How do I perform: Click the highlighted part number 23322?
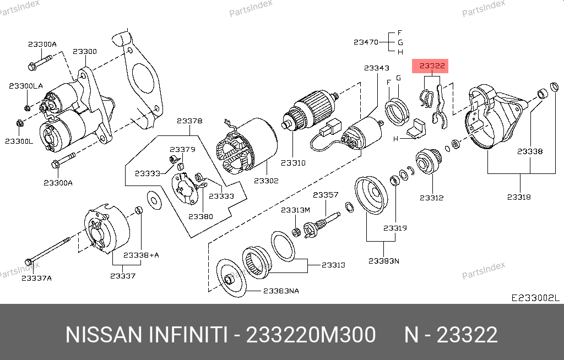coord(432,66)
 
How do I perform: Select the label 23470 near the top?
coord(366,42)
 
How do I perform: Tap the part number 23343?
coord(377,68)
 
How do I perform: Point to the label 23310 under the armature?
coord(293,163)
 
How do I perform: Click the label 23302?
coord(266,181)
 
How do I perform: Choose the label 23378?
coord(189,121)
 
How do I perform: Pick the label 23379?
coord(183,149)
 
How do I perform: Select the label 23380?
coord(200,216)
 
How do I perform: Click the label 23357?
coord(326,195)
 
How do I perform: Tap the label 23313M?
coord(295,210)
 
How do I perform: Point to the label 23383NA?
coord(281,291)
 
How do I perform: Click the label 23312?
coord(432,198)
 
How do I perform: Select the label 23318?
coord(519,197)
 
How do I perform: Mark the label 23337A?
coord(37,279)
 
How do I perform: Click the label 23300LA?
coord(26,86)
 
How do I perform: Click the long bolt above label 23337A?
coord(48,251)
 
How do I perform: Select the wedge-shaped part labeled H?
coord(416,129)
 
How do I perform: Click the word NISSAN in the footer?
coord(104,335)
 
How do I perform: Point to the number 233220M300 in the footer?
coord(311,335)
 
